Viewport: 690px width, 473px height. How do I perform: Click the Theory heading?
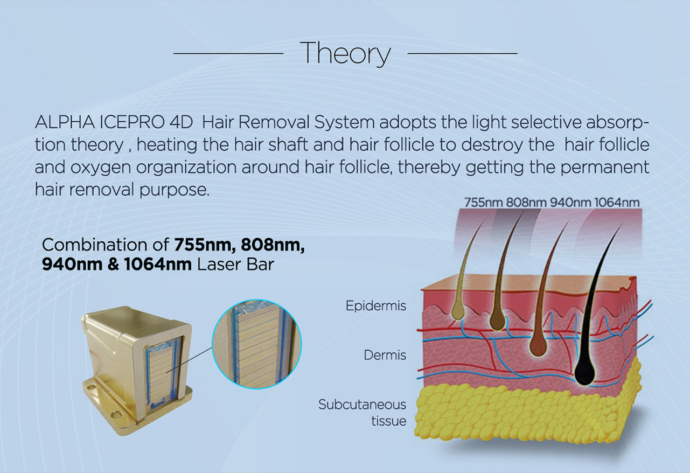pyautogui.click(x=347, y=54)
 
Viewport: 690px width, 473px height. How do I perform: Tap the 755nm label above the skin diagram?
pyautogui.click(x=483, y=203)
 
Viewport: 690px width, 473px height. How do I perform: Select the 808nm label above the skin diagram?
pyautogui.click(x=526, y=203)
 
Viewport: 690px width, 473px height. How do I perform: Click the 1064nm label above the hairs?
pyautogui.click(x=617, y=203)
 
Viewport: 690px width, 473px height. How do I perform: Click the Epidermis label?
pyautogui.click(x=376, y=305)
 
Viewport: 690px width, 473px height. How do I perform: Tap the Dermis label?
pyautogui.click(x=385, y=355)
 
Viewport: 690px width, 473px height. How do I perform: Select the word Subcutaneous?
pyautogui.click(x=363, y=404)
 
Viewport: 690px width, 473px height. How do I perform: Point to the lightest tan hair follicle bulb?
pyautogui.click(x=457, y=311)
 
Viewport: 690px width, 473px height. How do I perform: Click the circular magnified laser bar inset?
pyautogui.click(x=257, y=344)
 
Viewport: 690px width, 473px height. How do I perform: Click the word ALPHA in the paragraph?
pyautogui.click(x=65, y=123)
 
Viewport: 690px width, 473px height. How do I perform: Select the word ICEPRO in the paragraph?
pyautogui.click(x=132, y=123)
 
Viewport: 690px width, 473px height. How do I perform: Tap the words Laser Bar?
pyautogui.click(x=235, y=265)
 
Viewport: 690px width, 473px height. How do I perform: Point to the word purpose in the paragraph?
pyautogui.click(x=175, y=190)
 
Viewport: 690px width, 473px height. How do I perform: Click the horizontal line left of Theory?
pyautogui.click(x=228, y=53)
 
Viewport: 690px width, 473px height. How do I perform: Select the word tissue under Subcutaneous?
pyautogui.click(x=389, y=421)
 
